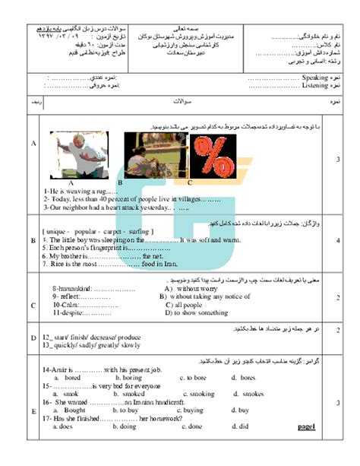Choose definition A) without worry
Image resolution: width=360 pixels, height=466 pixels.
click(x=187, y=290)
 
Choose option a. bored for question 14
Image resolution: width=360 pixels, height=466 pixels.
click(x=68, y=377)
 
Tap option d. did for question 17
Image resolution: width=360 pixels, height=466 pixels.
click(x=238, y=426)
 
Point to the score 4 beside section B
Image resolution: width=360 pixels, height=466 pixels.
click(x=338, y=241)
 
